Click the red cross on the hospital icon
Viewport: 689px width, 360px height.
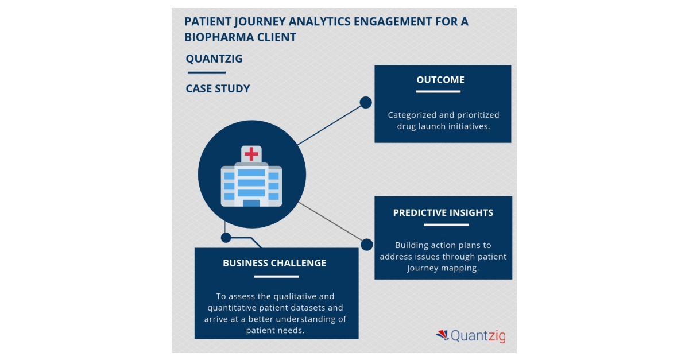pos(251,153)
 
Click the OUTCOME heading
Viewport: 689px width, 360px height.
pos(440,80)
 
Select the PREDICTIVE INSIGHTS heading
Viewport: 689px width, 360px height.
pos(443,212)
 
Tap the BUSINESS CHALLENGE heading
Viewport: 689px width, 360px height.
pos(274,263)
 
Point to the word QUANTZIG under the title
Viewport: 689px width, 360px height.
pos(214,59)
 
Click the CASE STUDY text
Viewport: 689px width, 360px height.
pos(218,88)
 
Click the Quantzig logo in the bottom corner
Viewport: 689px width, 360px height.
pos(470,336)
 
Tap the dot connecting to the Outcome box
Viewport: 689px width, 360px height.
pos(366,102)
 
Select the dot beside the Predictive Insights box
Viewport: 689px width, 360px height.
pos(366,245)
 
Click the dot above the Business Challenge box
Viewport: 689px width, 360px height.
pos(226,237)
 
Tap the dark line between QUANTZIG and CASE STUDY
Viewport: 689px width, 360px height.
pos(207,73)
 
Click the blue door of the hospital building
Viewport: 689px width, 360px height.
pos(251,203)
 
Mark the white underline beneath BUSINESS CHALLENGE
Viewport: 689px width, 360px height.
pos(276,276)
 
